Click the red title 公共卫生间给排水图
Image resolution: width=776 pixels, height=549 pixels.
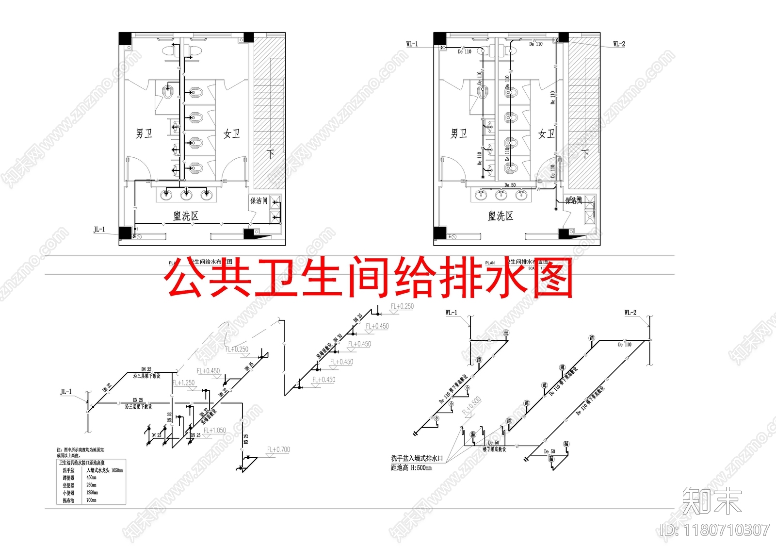click(x=369, y=278)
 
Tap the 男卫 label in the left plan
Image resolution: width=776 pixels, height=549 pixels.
click(x=144, y=133)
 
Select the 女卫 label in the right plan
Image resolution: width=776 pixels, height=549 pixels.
click(x=547, y=133)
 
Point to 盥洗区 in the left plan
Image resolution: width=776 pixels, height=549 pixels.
click(x=186, y=216)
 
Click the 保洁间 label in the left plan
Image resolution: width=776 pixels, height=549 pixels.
click(x=259, y=200)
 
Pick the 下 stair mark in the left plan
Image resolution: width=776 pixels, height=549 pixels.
click(x=270, y=154)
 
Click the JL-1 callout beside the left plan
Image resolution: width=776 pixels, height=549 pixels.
click(x=99, y=230)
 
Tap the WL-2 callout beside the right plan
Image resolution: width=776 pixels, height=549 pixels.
click(x=619, y=44)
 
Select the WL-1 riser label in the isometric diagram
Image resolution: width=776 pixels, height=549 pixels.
click(x=451, y=313)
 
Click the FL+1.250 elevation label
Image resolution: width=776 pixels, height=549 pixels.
click(x=183, y=383)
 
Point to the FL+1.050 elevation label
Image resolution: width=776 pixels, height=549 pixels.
click(x=214, y=431)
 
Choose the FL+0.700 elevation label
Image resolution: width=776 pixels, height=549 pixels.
click(x=278, y=450)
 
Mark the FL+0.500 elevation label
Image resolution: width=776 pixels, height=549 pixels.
click(x=471, y=406)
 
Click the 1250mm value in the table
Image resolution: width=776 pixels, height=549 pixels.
click(x=92, y=493)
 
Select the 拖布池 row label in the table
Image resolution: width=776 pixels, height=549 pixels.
click(x=68, y=500)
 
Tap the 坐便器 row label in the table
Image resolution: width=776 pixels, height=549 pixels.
click(x=68, y=485)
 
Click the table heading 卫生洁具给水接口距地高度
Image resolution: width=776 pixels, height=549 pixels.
click(x=82, y=463)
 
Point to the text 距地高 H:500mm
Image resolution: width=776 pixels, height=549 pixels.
click(x=411, y=468)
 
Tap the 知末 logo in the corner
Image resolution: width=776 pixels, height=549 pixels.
click(x=711, y=501)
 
